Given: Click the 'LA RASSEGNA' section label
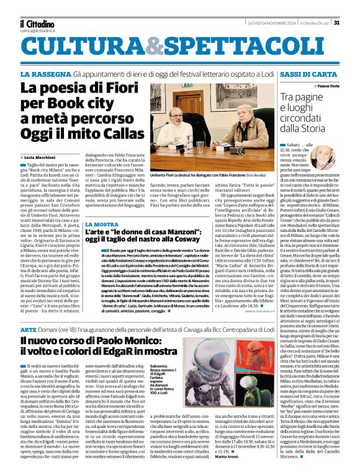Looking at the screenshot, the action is coord(43,74).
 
